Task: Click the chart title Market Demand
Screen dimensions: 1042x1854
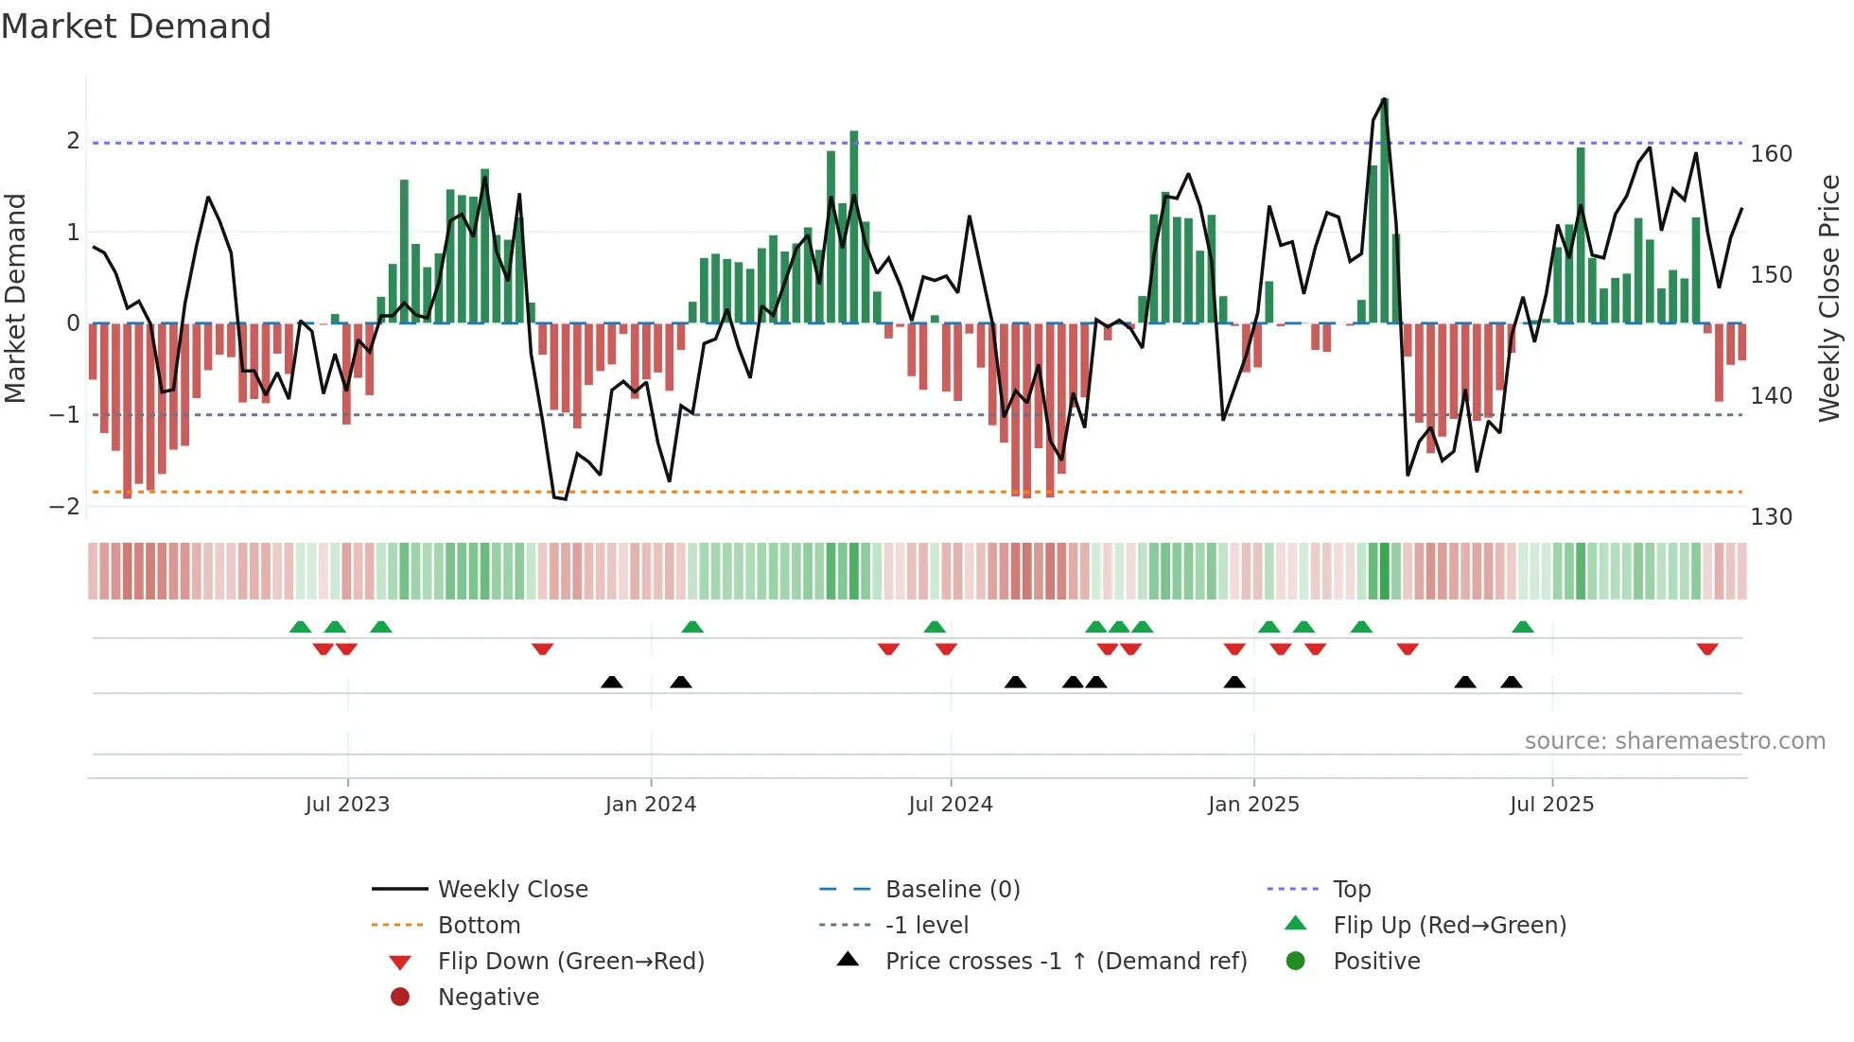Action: (x=136, y=26)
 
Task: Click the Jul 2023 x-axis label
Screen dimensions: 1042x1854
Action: (x=347, y=805)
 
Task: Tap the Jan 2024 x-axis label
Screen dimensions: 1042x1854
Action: (x=651, y=805)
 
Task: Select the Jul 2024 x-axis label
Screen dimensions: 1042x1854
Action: (x=951, y=805)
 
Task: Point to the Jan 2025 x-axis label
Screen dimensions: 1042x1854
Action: (x=1253, y=805)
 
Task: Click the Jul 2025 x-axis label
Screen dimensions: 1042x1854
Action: (x=1551, y=805)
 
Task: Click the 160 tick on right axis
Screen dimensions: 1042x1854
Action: (x=1771, y=154)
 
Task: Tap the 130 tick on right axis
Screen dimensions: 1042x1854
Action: (x=1771, y=517)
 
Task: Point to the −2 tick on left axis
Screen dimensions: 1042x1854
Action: (x=64, y=507)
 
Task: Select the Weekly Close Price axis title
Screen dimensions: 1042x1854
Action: (x=1829, y=298)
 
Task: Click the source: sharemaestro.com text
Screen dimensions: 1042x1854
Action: (x=1674, y=741)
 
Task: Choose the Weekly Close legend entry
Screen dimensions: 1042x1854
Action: (x=513, y=890)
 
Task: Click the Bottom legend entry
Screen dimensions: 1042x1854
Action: (x=479, y=926)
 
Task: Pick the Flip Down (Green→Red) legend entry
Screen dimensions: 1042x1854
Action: (x=570, y=962)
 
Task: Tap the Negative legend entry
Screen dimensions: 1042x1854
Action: (x=488, y=998)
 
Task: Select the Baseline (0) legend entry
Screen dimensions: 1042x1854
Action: (x=953, y=890)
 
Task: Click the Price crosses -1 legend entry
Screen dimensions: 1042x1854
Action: (x=1066, y=962)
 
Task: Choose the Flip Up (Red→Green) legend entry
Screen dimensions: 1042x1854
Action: (x=1449, y=926)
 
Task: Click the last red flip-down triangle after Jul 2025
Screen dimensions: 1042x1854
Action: (x=1707, y=650)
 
